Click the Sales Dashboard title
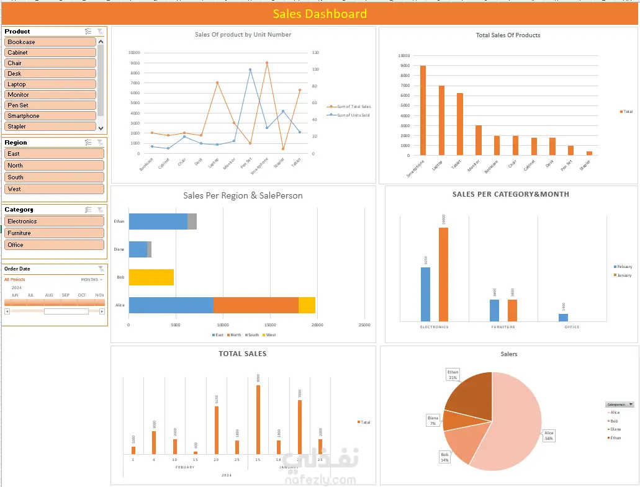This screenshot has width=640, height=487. click(x=320, y=14)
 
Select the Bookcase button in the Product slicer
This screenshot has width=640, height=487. click(x=50, y=42)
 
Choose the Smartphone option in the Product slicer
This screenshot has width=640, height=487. click(x=50, y=116)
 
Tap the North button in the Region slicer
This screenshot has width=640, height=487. click(x=54, y=166)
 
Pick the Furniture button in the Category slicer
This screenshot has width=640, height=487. click(x=54, y=233)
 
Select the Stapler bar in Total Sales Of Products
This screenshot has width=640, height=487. click(x=588, y=153)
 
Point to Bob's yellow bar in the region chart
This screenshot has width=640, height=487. click(x=151, y=277)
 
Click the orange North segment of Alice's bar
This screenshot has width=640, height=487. click(x=256, y=305)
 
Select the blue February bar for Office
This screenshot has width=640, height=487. click(x=563, y=318)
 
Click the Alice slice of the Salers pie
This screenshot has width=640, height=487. click(x=509, y=422)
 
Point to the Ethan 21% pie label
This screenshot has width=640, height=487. click(x=453, y=375)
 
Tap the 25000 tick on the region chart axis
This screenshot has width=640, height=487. click(x=364, y=325)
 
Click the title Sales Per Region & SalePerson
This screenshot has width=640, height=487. click(x=243, y=195)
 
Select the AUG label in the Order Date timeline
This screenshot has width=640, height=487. click(x=49, y=295)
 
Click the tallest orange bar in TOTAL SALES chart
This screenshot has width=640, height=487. click(x=258, y=420)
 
